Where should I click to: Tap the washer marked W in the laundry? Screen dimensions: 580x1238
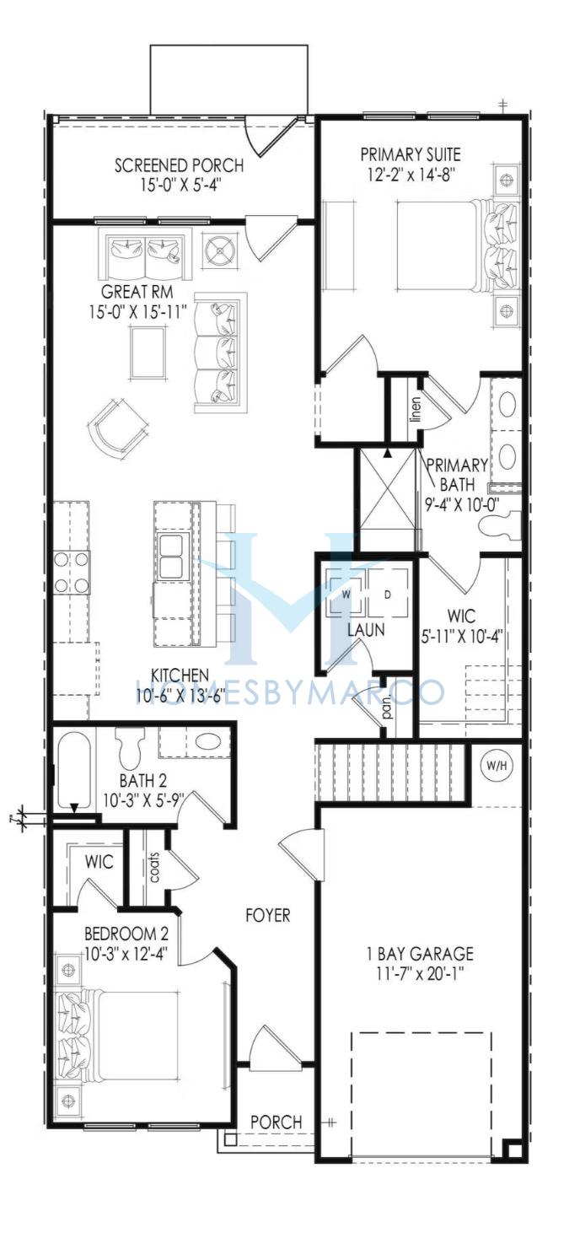coord(346,594)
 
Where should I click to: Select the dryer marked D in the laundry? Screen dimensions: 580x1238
coord(388,594)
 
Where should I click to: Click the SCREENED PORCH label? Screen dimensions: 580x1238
coord(179,164)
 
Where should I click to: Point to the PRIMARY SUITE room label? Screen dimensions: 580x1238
coord(411,153)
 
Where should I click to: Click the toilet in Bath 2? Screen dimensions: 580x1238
coord(130,744)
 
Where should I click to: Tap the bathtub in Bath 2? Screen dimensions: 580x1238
coord(74,772)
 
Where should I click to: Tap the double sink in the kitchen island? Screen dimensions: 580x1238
coord(173,556)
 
